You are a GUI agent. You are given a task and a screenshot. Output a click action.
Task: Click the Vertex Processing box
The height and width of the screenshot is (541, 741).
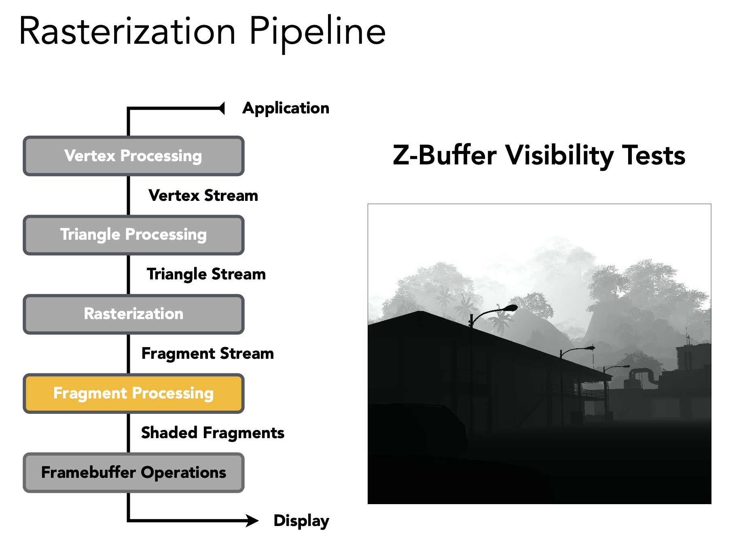coord(133,156)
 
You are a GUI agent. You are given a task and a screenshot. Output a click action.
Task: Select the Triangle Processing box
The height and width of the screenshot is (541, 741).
coord(133,235)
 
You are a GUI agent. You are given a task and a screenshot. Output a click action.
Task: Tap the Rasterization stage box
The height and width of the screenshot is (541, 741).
coord(133,314)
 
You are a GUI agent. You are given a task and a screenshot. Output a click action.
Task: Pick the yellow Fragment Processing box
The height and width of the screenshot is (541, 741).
coord(133,393)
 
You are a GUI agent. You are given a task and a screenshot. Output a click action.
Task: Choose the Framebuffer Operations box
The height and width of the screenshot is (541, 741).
coord(133,473)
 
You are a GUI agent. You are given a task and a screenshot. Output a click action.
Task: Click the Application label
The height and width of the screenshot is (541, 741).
coord(286,108)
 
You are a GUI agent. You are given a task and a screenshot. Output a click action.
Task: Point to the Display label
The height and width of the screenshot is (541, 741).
coord(301,521)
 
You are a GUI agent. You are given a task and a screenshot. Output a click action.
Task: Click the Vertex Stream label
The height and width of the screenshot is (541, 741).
coord(203,196)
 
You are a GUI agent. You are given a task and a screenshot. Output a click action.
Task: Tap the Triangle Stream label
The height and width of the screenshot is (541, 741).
coord(206,274)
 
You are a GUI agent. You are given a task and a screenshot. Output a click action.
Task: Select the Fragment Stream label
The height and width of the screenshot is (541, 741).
coord(207,354)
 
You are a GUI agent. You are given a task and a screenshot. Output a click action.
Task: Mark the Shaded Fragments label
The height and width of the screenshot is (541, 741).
coord(212,433)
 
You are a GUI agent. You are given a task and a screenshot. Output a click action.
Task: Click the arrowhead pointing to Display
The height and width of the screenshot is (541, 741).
coord(253,520)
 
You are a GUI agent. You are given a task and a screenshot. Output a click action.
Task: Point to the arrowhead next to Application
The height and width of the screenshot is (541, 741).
coord(221,108)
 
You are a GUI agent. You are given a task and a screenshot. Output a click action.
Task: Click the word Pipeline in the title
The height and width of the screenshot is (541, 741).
coord(318,32)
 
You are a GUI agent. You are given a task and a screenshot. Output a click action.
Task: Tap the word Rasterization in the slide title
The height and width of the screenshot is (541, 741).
coord(127,32)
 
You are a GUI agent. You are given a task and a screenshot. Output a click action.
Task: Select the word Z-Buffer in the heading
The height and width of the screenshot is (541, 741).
coord(444,155)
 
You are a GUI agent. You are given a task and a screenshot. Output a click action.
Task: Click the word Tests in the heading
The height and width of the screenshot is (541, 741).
coord(654,155)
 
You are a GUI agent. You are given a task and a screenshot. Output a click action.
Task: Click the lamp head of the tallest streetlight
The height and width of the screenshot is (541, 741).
coord(511,308)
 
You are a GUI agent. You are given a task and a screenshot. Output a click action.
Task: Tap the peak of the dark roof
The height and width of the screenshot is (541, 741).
coord(421,312)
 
